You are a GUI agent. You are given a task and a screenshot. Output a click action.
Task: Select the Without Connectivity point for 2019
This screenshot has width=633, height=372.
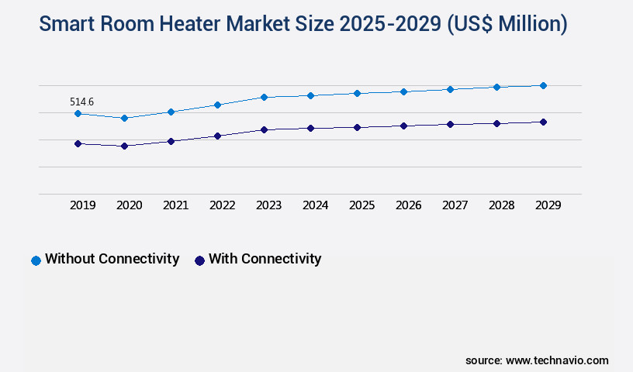pos(78,113)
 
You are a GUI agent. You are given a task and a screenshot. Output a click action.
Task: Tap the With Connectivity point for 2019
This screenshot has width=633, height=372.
pos(78,143)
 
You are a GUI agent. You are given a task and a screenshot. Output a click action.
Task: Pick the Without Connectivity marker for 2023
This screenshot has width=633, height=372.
pos(264,97)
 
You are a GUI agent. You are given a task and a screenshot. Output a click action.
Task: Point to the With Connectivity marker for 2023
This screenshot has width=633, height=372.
pos(264,129)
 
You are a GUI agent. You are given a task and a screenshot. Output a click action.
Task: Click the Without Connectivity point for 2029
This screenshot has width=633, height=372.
pos(543,85)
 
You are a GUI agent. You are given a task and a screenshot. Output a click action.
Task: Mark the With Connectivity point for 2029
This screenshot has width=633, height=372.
pos(543,122)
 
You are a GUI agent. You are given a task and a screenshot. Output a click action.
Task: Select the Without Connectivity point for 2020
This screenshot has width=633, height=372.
pos(124,118)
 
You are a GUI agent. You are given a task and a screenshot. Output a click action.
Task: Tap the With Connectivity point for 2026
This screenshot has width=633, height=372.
pos(403,126)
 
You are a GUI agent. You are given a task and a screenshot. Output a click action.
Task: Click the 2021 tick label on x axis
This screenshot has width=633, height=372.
pos(175,205)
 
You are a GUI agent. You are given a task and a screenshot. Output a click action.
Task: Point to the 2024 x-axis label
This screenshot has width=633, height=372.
pos(315,205)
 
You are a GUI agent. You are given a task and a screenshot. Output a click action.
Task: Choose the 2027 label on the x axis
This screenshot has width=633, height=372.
pos(455,205)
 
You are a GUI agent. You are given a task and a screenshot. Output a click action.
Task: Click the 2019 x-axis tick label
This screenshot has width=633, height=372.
pos(82,205)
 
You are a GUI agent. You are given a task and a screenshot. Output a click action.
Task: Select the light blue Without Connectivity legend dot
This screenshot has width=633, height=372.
pos(36,260)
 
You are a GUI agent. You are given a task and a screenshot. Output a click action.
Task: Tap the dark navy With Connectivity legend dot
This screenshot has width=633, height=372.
pos(199,260)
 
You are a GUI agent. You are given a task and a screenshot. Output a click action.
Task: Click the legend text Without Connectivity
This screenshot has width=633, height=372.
pos(112,259)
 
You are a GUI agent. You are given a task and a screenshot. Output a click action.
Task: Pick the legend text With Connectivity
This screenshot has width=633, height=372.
pos(265,259)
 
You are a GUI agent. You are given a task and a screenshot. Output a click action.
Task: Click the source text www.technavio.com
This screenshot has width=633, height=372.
pos(557,360)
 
